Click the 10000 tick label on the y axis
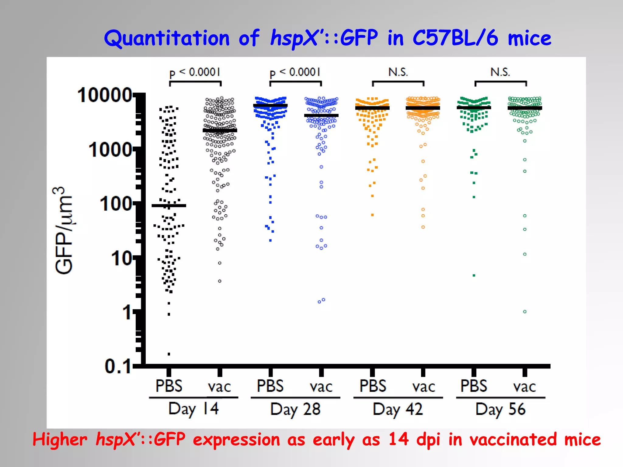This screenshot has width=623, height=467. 104,95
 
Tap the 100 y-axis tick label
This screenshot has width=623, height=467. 116,204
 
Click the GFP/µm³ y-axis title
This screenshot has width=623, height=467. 64,230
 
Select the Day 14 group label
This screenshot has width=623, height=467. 193,409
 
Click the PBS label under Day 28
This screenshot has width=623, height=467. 270,386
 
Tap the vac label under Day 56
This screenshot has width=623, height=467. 524,387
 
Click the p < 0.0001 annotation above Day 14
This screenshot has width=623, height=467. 195,73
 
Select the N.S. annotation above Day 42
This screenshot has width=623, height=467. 398,72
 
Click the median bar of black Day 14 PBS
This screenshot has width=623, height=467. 169,206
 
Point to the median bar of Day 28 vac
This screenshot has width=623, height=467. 321,116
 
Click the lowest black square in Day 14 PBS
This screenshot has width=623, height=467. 169,354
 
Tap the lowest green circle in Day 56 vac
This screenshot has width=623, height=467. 525,312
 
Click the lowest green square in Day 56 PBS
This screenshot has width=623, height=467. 474,275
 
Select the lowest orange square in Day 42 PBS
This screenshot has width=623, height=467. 372,215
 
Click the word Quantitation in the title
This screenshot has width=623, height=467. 167,38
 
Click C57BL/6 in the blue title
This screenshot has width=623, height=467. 455,38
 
